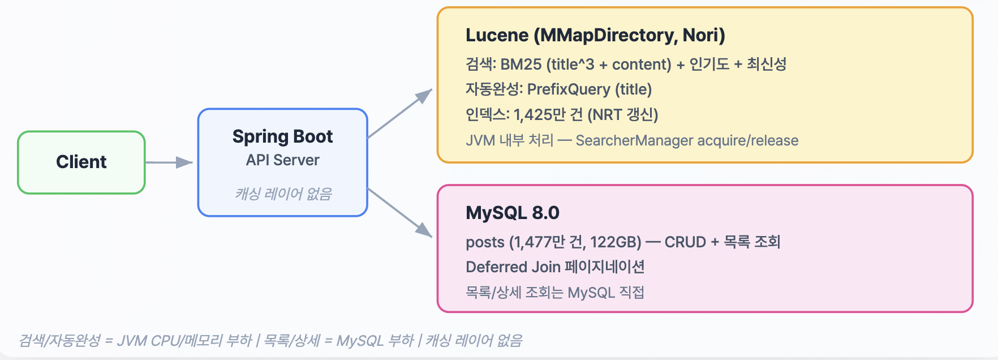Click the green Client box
[x=81, y=162]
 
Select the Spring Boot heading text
[x=282, y=136]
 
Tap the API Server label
[x=282, y=160]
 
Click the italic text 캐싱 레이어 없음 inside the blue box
[x=283, y=194]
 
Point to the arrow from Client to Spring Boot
[x=169, y=162]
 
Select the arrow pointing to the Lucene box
[x=399, y=114]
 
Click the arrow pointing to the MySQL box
[x=399, y=212]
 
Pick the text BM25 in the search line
[x=520, y=65]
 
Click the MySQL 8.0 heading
[x=512, y=213]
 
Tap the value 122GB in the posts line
[x=615, y=242]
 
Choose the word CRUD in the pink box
[x=685, y=242]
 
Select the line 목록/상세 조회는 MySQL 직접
[x=554, y=293]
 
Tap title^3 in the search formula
[x=573, y=65]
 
